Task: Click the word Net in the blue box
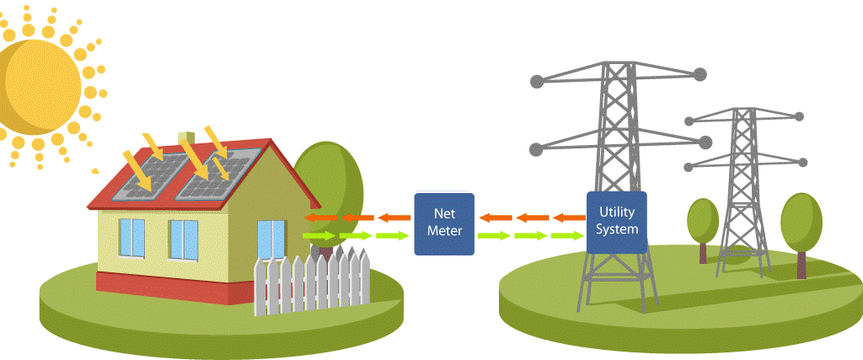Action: click(x=444, y=212)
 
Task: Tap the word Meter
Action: click(x=444, y=229)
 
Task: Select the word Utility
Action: click(x=616, y=212)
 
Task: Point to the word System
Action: click(x=616, y=228)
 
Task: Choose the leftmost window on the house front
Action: click(x=131, y=239)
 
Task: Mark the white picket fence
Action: click(x=312, y=282)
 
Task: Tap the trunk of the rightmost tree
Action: click(x=801, y=265)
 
